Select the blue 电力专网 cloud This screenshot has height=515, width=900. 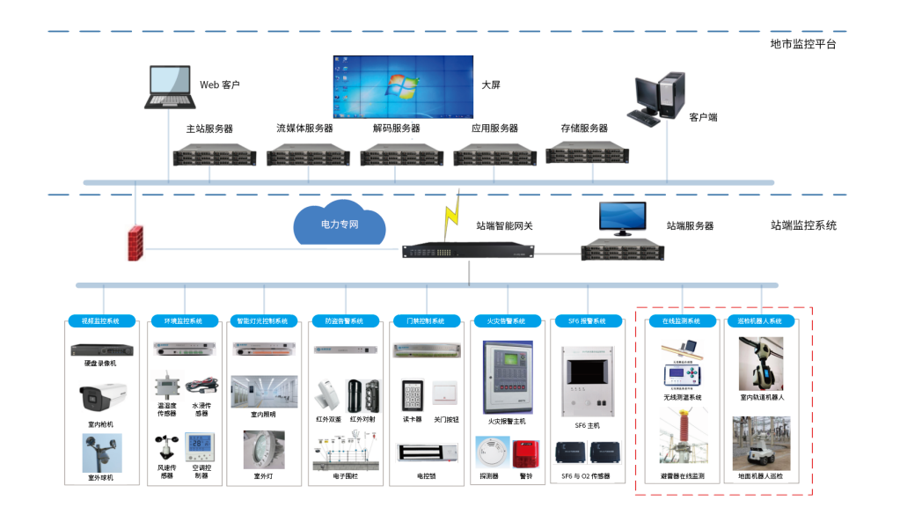pos(340,224)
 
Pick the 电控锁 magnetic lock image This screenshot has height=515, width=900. pos(426,452)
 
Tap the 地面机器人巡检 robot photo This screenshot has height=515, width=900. pos(761,445)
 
